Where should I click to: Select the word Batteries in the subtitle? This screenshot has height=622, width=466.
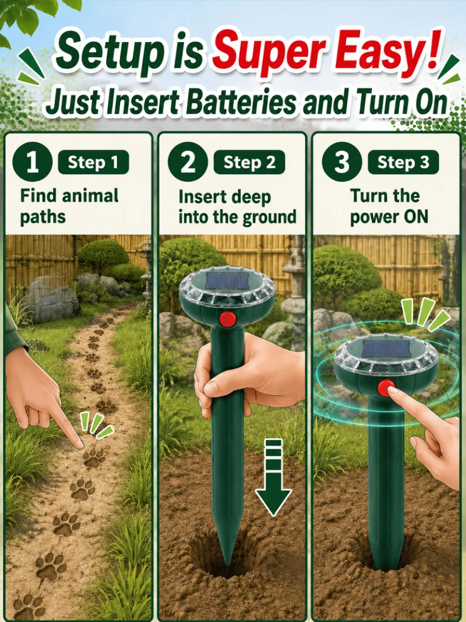point(241,103)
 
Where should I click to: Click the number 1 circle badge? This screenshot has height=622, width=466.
point(33,162)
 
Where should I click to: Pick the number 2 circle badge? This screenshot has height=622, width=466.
point(188,162)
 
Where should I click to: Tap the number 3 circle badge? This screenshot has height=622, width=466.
point(342,162)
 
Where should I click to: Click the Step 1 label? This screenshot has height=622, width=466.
point(93,162)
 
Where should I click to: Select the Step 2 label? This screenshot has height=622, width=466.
point(249,162)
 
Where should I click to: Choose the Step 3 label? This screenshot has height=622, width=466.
point(403,162)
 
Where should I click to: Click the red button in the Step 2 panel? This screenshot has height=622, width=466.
point(227,319)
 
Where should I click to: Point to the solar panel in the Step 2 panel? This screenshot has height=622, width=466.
point(227,281)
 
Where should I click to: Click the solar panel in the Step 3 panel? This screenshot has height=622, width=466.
point(386,349)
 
